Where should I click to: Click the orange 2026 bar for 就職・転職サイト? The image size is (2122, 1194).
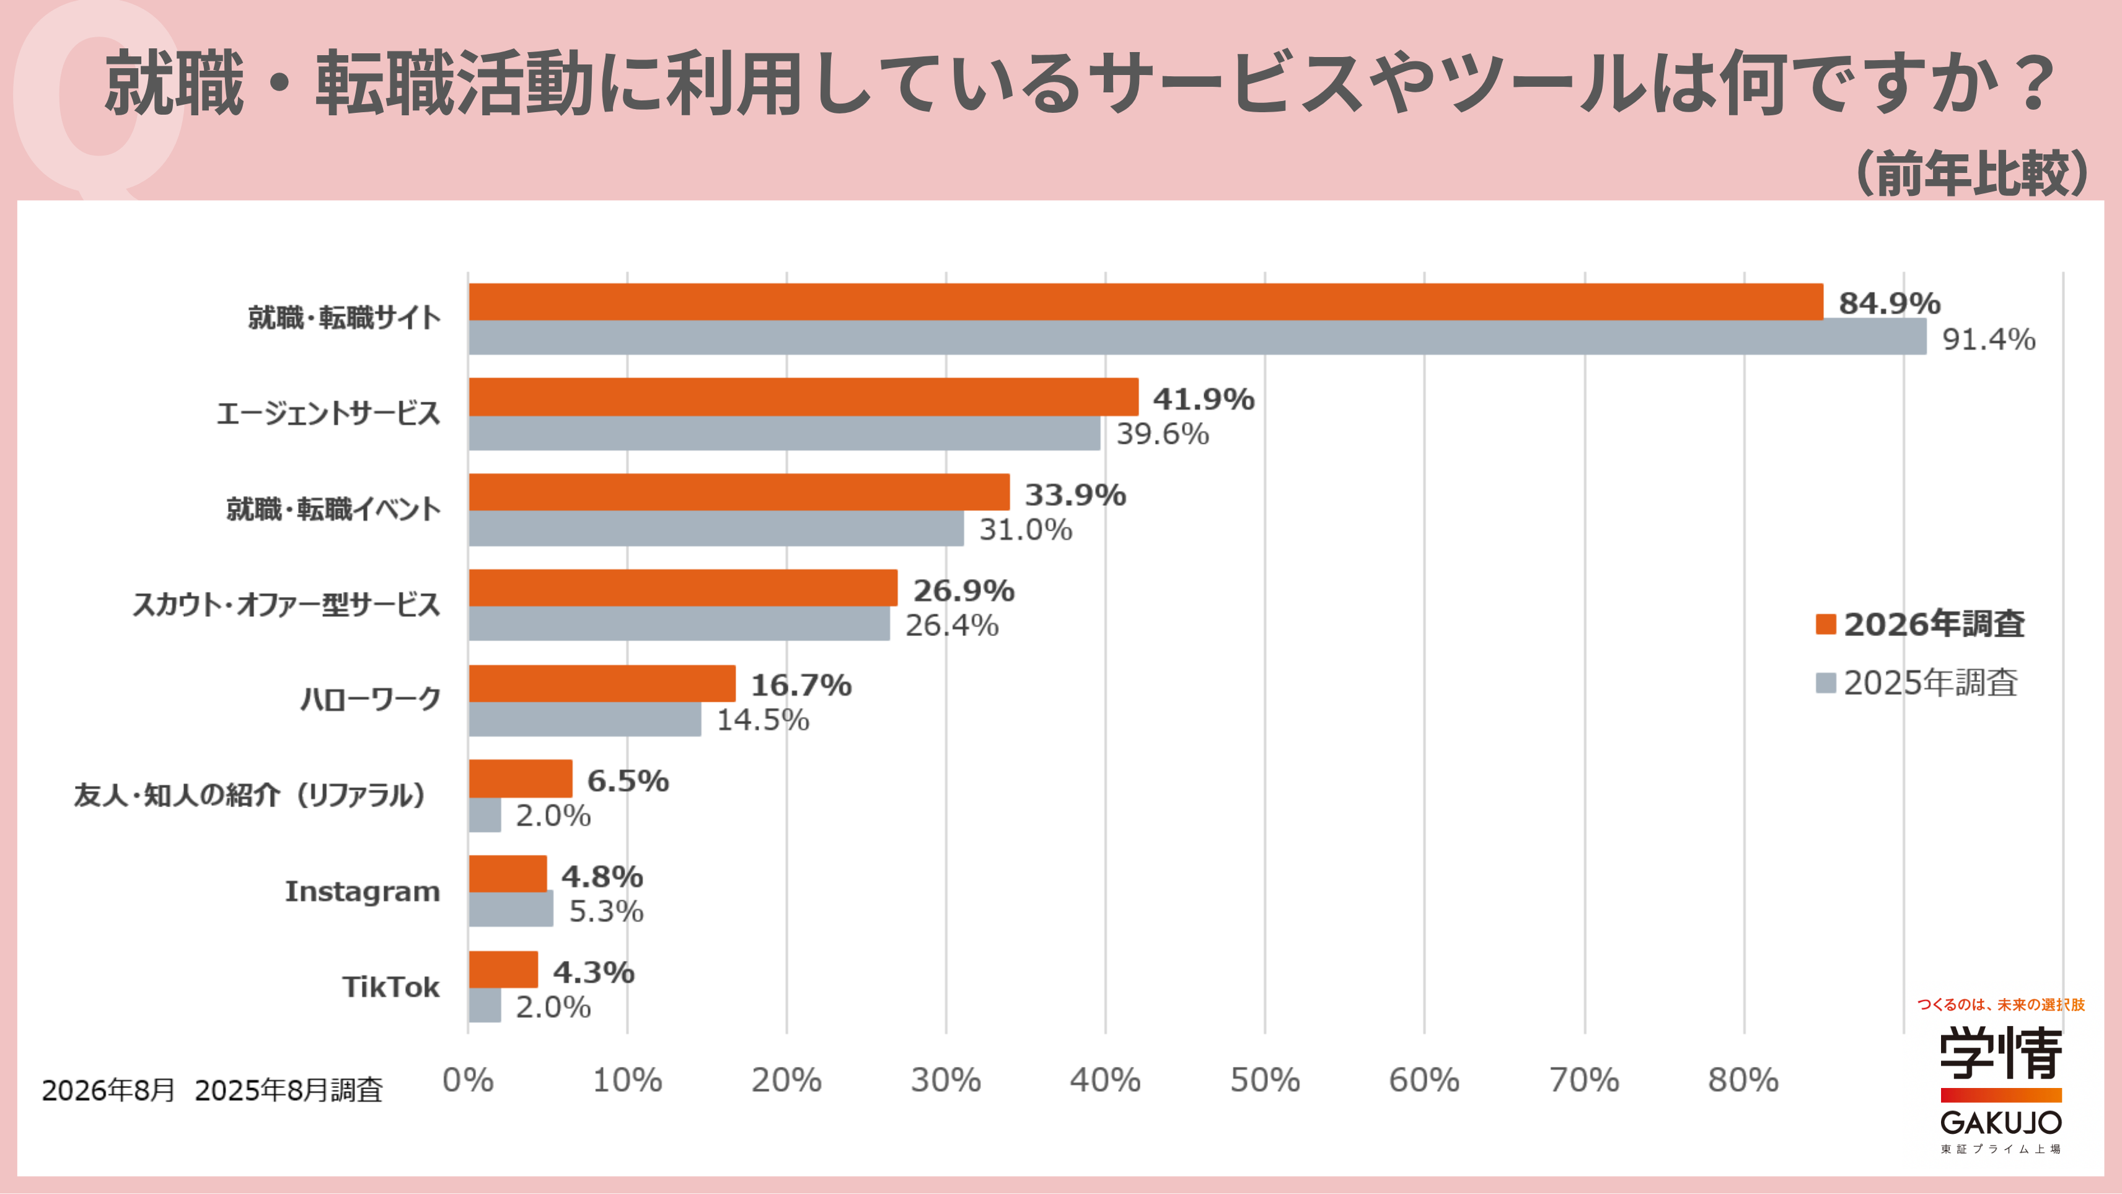[1146, 301]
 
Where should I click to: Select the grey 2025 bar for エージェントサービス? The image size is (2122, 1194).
[784, 433]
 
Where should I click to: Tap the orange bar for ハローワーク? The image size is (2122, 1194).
[602, 683]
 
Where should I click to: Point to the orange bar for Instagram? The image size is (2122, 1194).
[508, 873]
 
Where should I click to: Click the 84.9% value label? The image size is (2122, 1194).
[1890, 303]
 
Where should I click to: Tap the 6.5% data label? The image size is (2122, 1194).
[628, 781]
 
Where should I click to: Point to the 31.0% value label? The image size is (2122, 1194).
[1026, 529]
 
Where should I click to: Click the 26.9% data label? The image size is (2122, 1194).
[964, 590]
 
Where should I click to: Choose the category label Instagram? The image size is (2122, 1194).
[363, 891]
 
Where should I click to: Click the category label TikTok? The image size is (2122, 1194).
[391, 986]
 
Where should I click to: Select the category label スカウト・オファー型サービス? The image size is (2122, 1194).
[287, 605]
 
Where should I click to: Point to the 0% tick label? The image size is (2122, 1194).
[468, 1079]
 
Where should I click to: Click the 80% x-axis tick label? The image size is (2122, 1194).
[1743, 1079]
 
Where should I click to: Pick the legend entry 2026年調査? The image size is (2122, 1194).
[1920, 624]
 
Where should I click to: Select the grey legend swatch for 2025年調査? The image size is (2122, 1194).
[1825, 683]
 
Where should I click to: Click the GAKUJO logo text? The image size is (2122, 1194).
[2001, 1122]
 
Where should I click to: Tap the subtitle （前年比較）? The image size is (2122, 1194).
[1972, 173]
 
